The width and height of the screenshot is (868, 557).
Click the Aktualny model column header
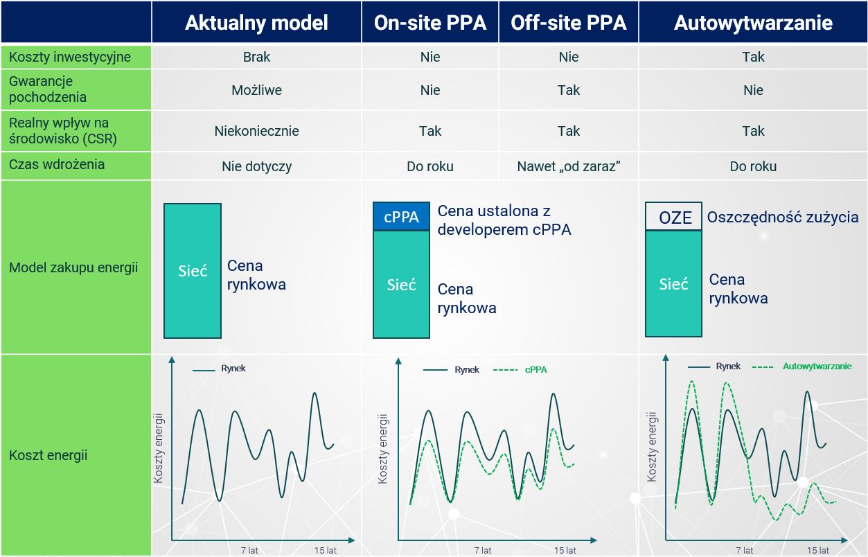pyautogui.click(x=256, y=22)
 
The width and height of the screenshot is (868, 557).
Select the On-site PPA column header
pyautogui.click(x=429, y=22)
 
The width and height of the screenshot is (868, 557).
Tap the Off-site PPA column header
pyautogui.click(x=569, y=22)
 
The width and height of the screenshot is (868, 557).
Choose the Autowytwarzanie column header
pyautogui.click(x=753, y=22)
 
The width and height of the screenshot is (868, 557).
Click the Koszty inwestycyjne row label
pyautogui.click(x=70, y=57)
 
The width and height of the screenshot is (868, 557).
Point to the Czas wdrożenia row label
pyautogui.click(x=57, y=164)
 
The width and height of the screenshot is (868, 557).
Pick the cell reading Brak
pyautogui.click(x=256, y=57)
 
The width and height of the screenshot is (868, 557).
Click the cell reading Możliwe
pyautogui.click(x=256, y=90)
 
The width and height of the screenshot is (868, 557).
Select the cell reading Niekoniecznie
pyautogui.click(x=256, y=131)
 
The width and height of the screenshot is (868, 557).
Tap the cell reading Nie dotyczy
pyautogui.click(x=256, y=166)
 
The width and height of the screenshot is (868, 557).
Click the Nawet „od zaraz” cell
pyautogui.click(x=569, y=166)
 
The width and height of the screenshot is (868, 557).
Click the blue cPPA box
pyautogui.click(x=401, y=216)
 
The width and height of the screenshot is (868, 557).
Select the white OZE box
pyautogui.click(x=673, y=216)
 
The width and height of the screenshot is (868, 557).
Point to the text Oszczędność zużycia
pyautogui.click(x=782, y=218)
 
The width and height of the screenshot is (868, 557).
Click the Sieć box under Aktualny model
pyautogui.click(x=193, y=271)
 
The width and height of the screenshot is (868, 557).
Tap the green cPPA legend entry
pyautogui.click(x=520, y=370)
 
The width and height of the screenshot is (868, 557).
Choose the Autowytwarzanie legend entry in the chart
pyautogui.click(x=801, y=366)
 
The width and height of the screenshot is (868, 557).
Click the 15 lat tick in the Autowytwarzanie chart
pyautogui.click(x=817, y=550)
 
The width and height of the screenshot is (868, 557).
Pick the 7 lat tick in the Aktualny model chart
pyautogui.click(x=249, y=550)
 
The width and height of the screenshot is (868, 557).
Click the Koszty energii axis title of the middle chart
pyautogui.click(x=382, y=449)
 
